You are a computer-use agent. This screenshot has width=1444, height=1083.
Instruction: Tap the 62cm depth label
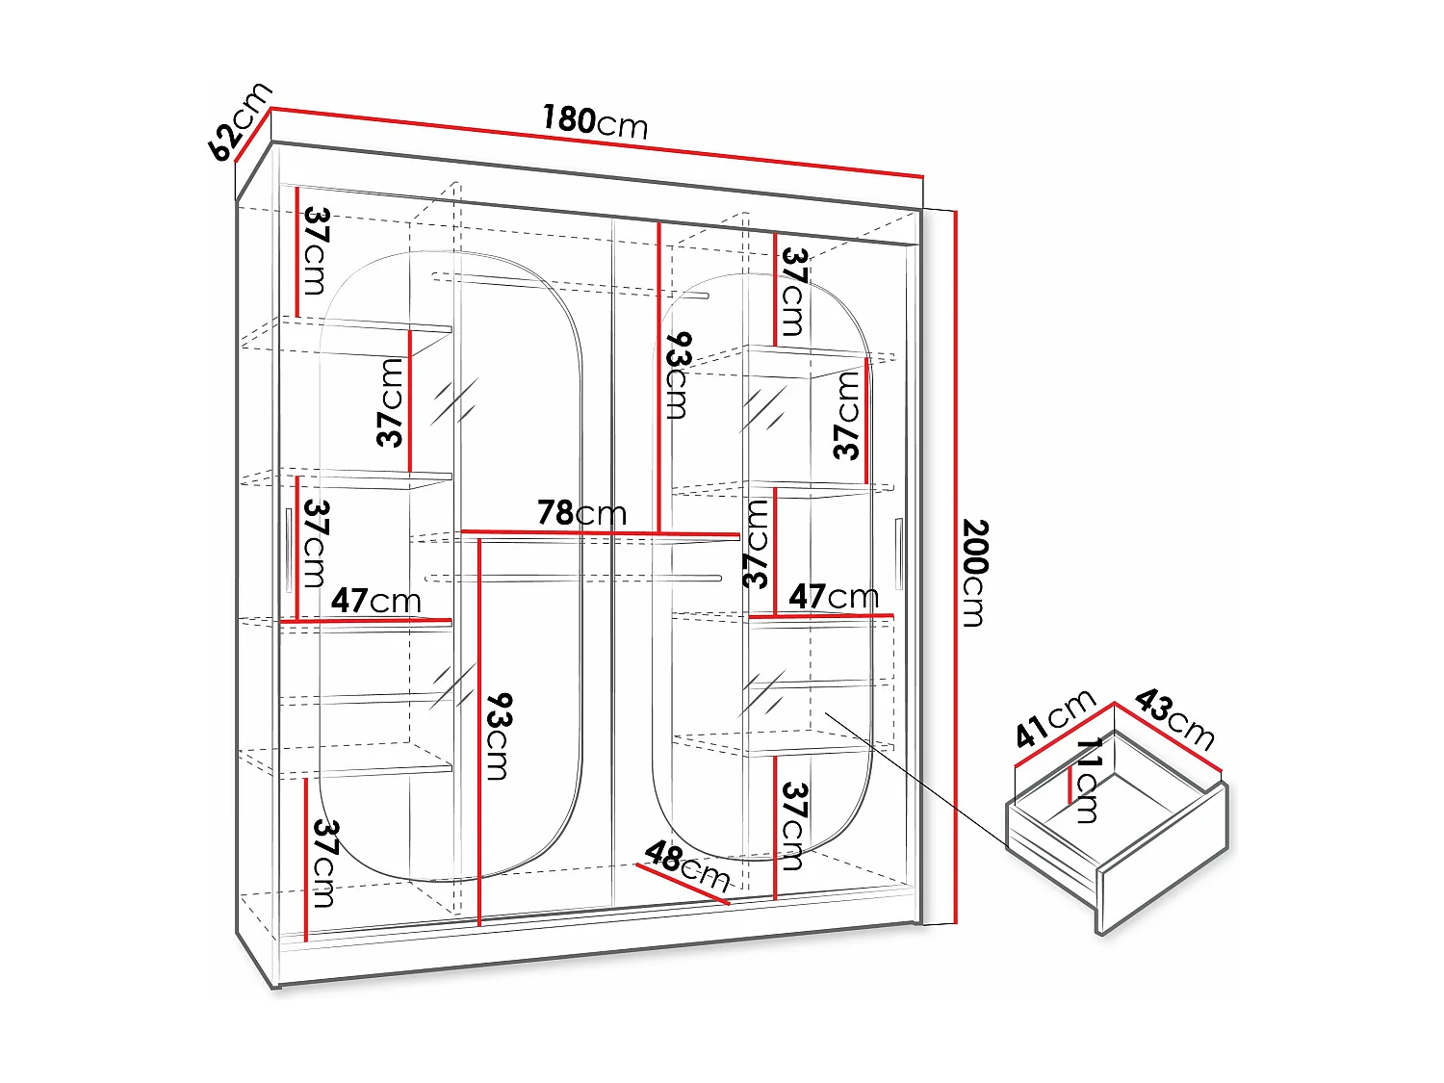[x=239, y=122]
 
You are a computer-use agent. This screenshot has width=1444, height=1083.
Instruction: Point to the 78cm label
[x=581, y=513]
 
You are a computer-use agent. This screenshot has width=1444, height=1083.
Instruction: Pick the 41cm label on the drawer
[x=1055, y=718]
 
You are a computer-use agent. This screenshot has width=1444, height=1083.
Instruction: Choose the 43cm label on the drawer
[x=1174, y=718]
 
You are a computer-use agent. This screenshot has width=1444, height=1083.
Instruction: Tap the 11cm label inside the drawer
[x=1088, y=780]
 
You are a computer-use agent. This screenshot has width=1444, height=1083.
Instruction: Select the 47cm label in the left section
[x=376, y=602]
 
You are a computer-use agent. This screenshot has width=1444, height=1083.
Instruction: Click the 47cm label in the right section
[x=834, y=597]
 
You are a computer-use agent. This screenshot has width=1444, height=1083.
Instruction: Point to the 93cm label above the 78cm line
[x=678, y=376]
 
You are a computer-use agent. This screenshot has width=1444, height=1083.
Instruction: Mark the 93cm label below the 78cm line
[x=498, y=736]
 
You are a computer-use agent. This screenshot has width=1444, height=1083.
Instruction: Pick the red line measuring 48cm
[x=682, y=884]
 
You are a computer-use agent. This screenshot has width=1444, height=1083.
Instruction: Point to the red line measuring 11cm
[x=1070, y=785]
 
